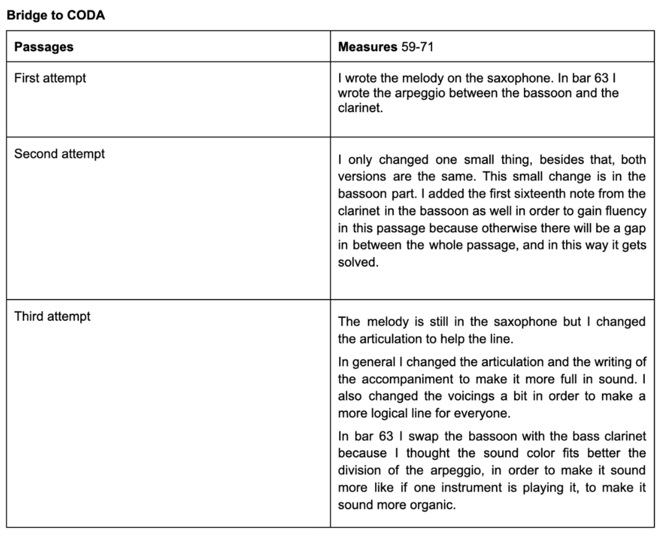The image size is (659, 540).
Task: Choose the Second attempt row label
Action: click(x=59, y=154)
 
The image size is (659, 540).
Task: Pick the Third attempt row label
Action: click(x=52, y=316)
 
